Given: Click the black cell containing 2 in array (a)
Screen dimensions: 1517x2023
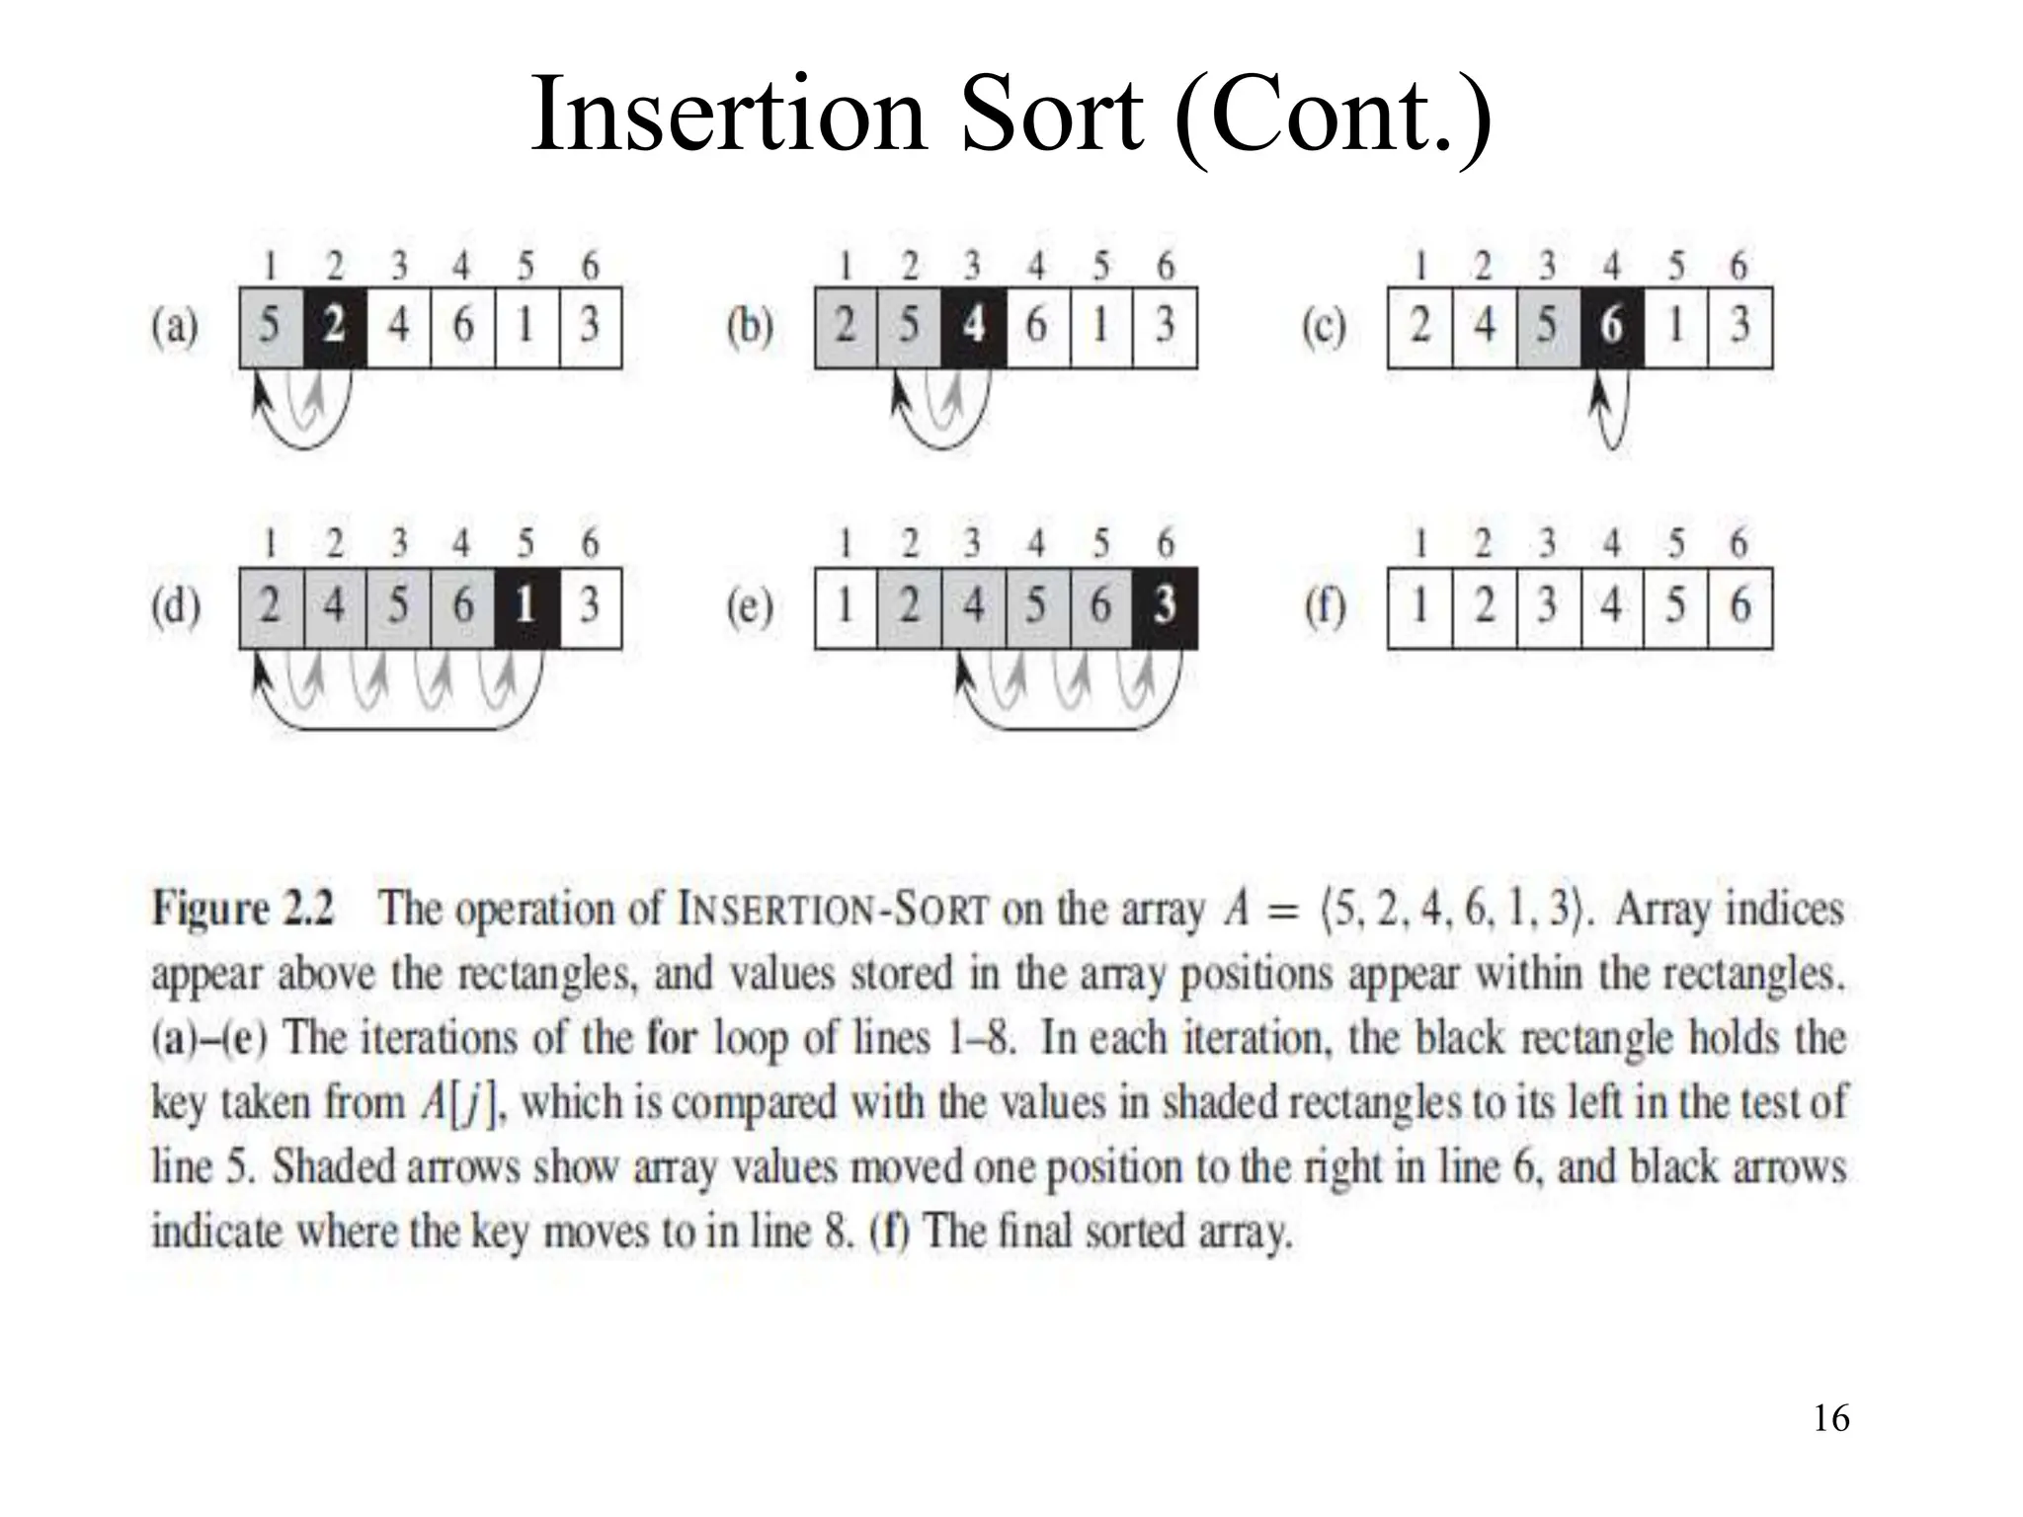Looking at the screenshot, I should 334,327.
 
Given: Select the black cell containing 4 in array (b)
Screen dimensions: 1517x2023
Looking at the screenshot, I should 973,327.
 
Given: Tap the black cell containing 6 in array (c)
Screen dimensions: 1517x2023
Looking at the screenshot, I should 1611,327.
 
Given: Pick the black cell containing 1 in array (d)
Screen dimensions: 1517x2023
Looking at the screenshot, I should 526,607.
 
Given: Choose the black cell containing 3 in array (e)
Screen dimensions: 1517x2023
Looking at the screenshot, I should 1165,607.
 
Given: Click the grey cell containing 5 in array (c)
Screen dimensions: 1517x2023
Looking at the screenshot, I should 1548,327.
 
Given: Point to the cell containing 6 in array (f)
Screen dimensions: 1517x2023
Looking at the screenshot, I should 1740,607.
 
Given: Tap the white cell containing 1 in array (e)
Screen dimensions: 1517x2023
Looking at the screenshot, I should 846,607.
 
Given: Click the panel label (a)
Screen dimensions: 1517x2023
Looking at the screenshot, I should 175,327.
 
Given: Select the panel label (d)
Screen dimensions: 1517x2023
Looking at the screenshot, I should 175,607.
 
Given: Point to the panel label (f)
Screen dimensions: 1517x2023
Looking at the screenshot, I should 1325,607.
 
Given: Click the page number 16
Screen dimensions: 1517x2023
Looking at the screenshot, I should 1830,1419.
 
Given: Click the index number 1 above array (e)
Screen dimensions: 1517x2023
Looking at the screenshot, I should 845,543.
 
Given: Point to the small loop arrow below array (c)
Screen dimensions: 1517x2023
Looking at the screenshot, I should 1611,420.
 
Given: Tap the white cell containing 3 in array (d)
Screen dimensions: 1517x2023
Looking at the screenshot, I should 590,607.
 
